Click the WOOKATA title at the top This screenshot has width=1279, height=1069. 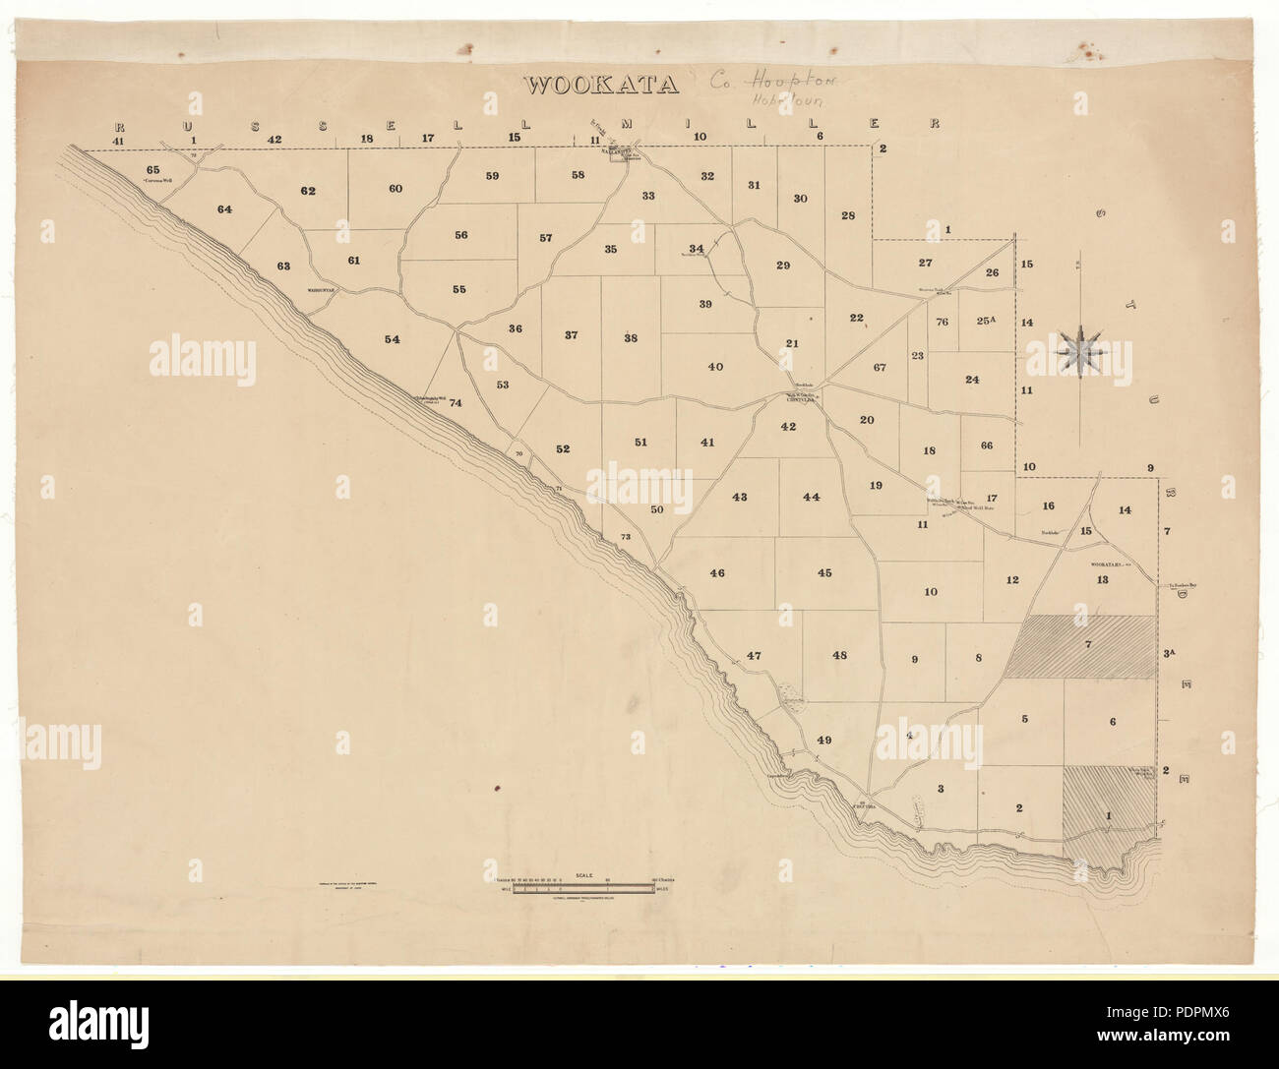click(601, 85)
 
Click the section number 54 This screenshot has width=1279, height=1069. click(393, 339)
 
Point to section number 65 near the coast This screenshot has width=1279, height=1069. click(152, 170)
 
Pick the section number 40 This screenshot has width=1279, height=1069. click(715, 367)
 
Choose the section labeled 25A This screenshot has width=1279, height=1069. click(987, 320)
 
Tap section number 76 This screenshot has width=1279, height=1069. click(942, 321)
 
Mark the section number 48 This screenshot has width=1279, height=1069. click(839, 655)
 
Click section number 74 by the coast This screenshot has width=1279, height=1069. click(455, 402)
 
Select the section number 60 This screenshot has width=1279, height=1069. click(396, 188)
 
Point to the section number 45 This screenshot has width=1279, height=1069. click(824, 572)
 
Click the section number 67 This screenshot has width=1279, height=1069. click(880, 367)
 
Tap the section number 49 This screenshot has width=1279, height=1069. click(824, 740)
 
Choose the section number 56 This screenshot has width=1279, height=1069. click(460, 235)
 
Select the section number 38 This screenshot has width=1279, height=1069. click(631, 338)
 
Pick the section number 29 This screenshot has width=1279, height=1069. click(783, 266)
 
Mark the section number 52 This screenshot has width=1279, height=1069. click(563, 448)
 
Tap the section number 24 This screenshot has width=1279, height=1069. click(972, 380)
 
